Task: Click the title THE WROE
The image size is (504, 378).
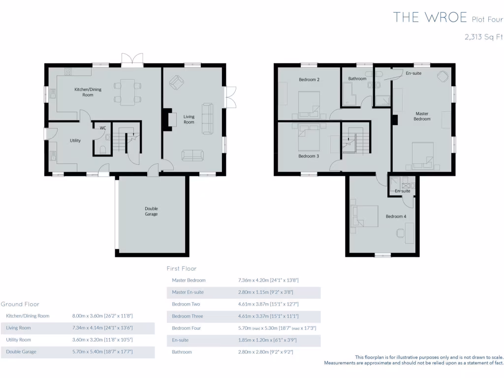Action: tap(430, 18)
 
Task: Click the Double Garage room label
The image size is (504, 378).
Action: tap(151, 211)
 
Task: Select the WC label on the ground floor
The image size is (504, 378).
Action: tap(103, 128)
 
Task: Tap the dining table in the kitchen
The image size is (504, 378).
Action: tap(128, 92)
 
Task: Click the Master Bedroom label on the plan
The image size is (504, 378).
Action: tap(422, 116)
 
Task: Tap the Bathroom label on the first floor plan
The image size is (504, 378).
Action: tap(357, 79)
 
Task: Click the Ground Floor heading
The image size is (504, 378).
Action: tap(20, 304)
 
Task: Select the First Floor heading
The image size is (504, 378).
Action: tap(181, 269)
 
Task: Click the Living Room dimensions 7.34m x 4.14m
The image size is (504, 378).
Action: tap(102, 328)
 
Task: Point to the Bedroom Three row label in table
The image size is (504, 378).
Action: tap(187, 316)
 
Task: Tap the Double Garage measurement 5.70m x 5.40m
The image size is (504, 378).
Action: tap(102, 352)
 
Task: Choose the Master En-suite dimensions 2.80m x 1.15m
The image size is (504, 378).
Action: tap(268, 292)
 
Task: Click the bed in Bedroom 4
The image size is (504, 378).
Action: tap(364, 217)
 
